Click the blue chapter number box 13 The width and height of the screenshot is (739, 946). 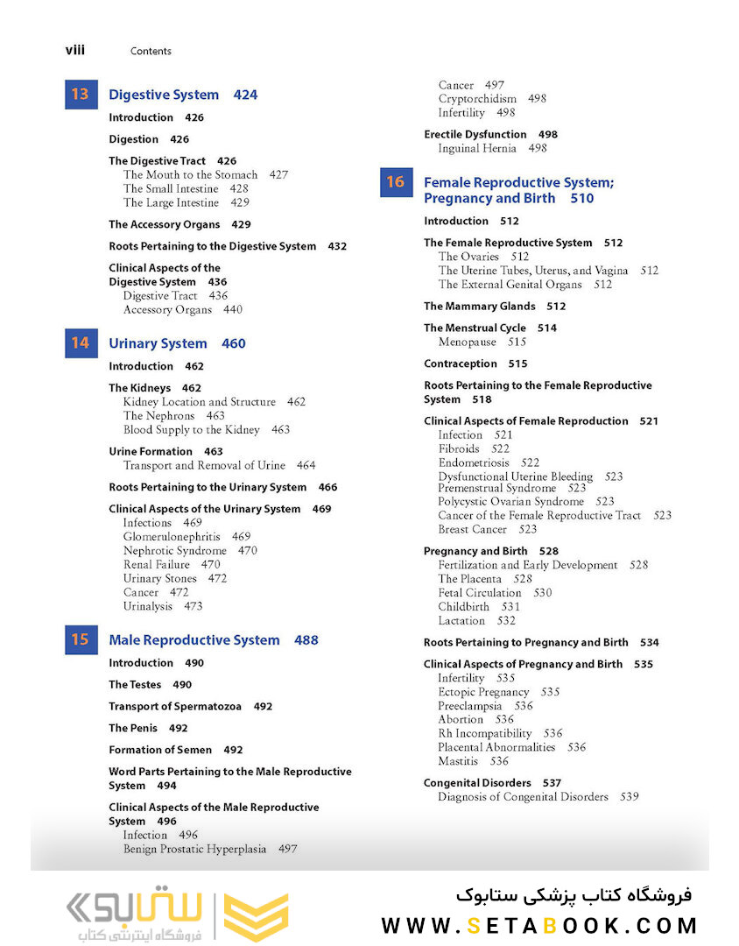tap(81, 95)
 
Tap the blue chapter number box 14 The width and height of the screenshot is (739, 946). tap(81, 343)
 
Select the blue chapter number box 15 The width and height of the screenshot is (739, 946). tap(81, 640)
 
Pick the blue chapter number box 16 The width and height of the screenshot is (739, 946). tap(396, 182)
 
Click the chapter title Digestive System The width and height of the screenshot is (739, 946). tap(164, 95)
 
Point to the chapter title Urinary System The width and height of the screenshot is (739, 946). tap(158, 343)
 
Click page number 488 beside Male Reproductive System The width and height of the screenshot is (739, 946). tap(306, 640)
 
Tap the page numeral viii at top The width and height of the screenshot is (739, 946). tap(75, 50)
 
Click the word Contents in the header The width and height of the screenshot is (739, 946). tap(151, 51)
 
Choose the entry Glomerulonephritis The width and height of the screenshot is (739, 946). tap(173, 536)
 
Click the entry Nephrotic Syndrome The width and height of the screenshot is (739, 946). tap(175, 550)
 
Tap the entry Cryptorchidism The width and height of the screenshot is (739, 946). tap(477, 99)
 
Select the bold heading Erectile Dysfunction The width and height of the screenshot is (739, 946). tap(475, 134)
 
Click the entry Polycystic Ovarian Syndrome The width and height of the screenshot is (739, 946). tap(511, 502)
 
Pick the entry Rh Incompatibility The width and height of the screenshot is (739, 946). tap(485, 733)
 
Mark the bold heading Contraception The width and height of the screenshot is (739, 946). tap(461, 364)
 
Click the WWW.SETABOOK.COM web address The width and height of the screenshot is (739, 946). tap(538, 926)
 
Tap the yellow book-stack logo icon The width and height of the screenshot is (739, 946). tap(256, 917)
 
